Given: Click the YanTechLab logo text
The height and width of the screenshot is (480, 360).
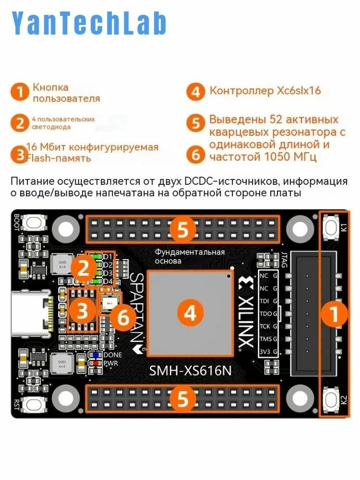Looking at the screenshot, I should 89,23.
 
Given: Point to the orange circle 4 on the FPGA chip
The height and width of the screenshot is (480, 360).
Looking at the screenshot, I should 191,313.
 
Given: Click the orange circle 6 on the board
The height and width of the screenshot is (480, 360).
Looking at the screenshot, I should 123,317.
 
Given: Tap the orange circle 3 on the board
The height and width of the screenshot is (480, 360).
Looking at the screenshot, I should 83,312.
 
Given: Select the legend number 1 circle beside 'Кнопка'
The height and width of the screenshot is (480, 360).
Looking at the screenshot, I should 20,92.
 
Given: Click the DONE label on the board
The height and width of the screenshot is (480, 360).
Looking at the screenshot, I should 112,355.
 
